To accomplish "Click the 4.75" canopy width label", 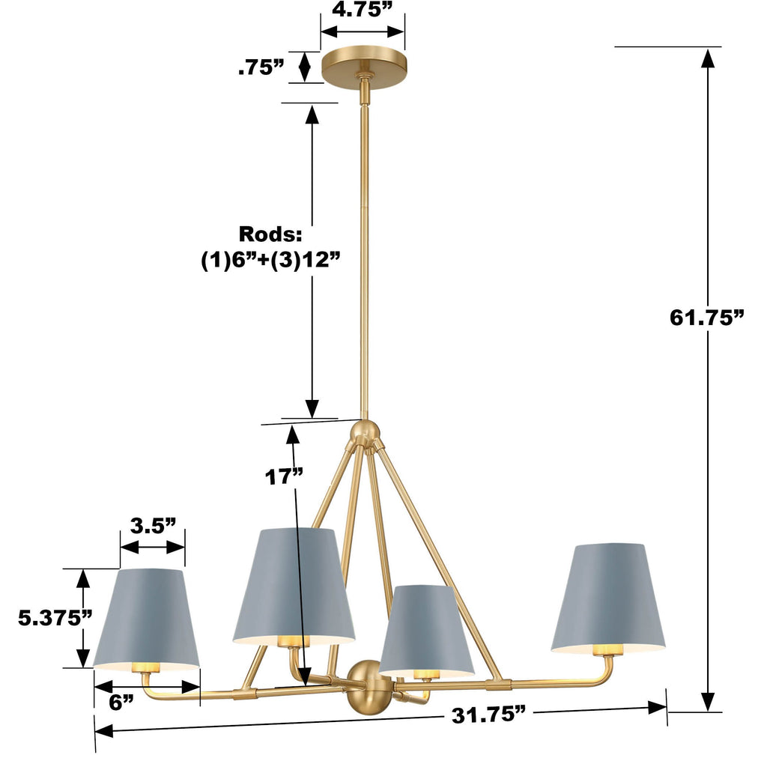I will [x=363, y=10].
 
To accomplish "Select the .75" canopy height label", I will [x=261, y=67].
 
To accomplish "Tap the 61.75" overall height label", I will [x=706, y=317].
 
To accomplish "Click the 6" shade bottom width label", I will [x=120, y=702].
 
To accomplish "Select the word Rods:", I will [x=270, y=234].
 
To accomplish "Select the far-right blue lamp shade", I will [x=607, y=597].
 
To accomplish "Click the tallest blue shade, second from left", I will [x=294, y=584].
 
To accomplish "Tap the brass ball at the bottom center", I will [x=366, y=686].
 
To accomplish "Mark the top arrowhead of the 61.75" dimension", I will [x=706, y=57].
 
